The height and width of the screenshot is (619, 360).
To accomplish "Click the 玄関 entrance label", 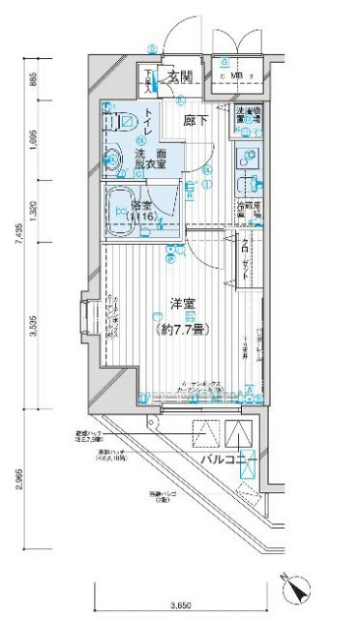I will [x=178, y=76].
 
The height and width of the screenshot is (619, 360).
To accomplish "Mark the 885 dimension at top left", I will [x=36, y=80].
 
